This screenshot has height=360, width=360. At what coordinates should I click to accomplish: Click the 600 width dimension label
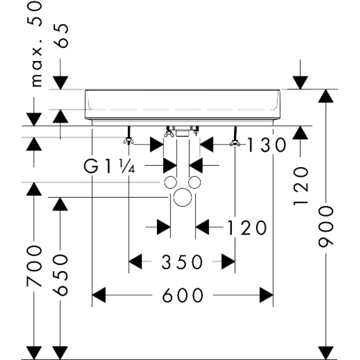point(182,295)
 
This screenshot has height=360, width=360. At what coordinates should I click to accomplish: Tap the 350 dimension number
point(182,262)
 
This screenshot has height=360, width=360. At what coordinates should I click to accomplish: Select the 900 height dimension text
point(326,226)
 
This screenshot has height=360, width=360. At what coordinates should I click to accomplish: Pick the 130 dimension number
point(267,145)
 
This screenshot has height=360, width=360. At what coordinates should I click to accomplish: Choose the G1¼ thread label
point(109,166)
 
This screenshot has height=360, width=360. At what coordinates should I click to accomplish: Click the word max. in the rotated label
point(37,63)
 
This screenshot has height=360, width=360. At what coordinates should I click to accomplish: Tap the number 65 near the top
point(61,36)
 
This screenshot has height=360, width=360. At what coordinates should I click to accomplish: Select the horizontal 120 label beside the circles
point(247,227)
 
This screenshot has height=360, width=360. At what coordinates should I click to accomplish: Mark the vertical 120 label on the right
point(300,186)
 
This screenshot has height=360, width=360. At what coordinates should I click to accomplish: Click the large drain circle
point(182,197)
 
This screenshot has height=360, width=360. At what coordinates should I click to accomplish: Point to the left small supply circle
point(171,182)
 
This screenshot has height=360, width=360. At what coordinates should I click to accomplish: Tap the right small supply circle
point(194,182)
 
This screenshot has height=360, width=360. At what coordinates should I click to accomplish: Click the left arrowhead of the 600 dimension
point(99,295)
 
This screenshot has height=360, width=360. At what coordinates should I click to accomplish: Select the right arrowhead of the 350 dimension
point(228,261)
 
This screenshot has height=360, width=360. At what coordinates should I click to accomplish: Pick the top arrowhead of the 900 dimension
point(325,96)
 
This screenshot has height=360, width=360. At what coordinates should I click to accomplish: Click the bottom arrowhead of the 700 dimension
point(34,353)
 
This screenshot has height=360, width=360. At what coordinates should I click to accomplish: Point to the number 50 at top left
point(34,14)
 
